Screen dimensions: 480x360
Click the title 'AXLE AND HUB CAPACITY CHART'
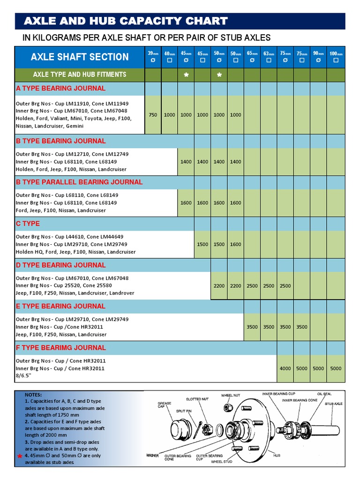(x=126, y=21)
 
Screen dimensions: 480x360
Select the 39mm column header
(x=153, y=57)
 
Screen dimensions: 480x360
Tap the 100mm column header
(x=336, y=57)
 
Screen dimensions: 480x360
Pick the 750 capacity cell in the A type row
(x=153, y=115)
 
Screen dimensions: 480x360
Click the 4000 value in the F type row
(x=285, y=368)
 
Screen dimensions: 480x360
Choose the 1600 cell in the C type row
(x=236, y=244)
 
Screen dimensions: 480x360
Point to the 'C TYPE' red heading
(x=28, y=224)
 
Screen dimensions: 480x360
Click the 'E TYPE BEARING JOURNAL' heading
(x=61, y=306)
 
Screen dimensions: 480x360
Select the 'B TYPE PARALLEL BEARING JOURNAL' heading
(x=79, y=182)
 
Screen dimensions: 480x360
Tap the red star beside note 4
(x=20, y=457)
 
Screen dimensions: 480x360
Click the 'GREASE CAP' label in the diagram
(x=165, y=405)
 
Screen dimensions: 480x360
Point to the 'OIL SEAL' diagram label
(x=324, y=394)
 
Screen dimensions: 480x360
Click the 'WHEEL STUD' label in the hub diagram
(x=222, y=462)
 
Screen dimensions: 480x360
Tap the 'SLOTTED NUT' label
(x=197, y=399)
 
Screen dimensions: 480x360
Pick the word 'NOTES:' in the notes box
(x=33, y=395)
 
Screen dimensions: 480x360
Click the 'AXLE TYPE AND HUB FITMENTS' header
(x=80, y=75)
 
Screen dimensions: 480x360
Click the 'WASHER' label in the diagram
(x=152, y=456)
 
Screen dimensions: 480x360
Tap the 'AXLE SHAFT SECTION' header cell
(x=80, y=57)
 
